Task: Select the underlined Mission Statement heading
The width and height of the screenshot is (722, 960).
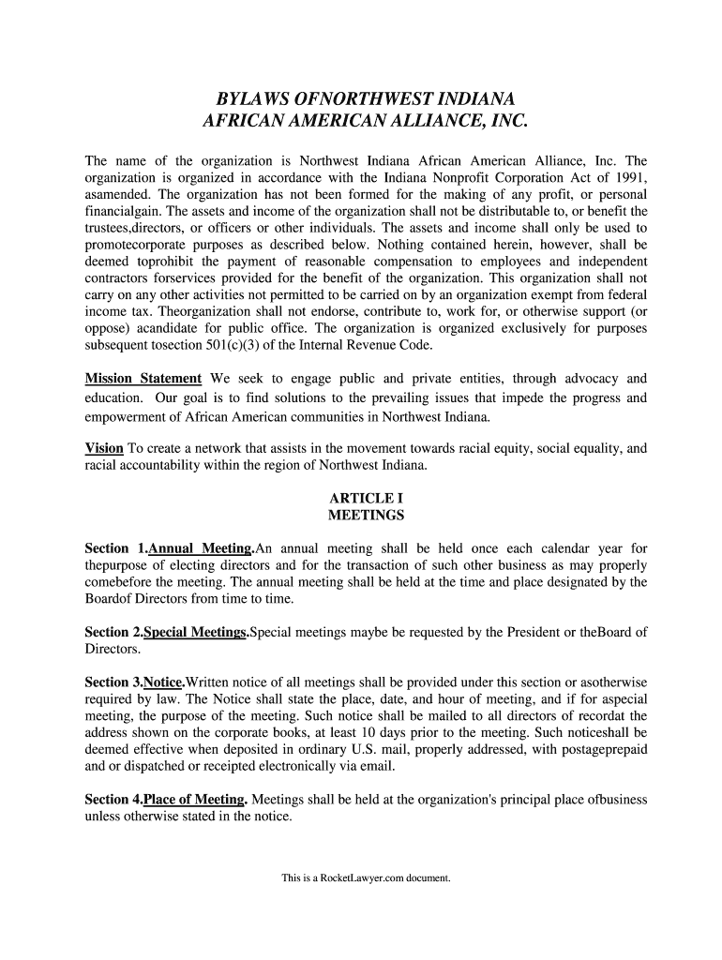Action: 143,379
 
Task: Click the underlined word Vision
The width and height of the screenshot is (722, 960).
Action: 104,448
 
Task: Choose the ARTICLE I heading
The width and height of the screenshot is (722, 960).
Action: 366,498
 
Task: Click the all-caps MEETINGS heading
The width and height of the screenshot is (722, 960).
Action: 366,516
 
